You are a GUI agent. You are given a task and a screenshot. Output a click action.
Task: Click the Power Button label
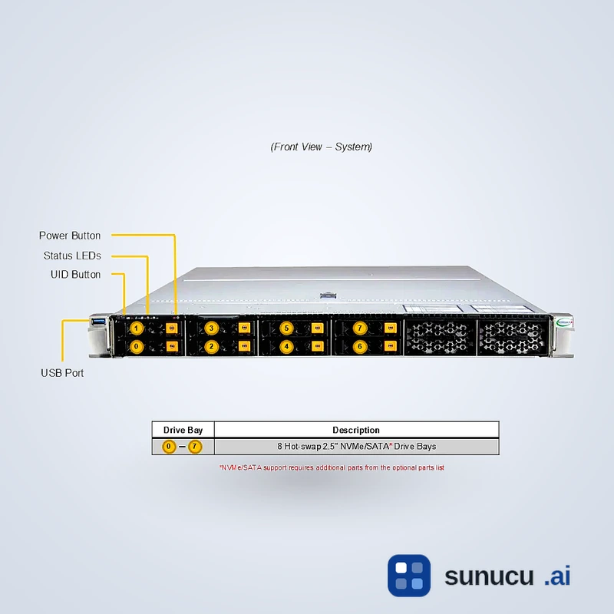click(70, 236)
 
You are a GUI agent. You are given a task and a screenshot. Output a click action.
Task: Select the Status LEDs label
click(72, 256)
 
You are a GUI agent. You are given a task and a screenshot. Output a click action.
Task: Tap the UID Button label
click(75, 274)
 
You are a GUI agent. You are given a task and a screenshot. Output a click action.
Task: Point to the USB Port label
click(62, 373)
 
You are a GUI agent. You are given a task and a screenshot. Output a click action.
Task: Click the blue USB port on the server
click(97, 321)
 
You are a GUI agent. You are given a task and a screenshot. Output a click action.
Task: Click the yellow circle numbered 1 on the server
click(137, 328)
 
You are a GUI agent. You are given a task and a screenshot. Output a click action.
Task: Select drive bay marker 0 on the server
click(137, 346)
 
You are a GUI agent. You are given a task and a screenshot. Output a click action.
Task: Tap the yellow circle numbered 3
click(212, 328)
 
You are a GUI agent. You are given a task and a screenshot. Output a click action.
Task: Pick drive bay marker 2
click(212, 346)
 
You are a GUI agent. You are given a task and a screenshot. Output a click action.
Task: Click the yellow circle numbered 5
click(286, 328)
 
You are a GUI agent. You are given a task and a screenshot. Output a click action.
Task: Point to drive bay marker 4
click(286, 346)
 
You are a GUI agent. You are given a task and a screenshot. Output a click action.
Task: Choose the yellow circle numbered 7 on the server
click(360, 328)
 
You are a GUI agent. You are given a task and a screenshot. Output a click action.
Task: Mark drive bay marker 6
click(360, 346)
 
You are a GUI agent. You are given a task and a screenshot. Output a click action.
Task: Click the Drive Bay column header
click(183, 430)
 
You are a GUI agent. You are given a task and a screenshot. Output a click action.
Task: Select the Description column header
click(356, 430)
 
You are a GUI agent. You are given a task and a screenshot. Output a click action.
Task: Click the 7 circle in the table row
click(195, 447)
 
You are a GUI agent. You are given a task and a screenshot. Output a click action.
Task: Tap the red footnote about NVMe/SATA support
click(332, 467)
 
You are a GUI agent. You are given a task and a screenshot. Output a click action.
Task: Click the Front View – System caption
click(322, 147)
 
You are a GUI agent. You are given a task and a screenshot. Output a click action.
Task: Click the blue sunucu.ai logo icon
click(409, 576)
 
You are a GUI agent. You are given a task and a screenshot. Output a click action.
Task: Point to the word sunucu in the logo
click(488, 576)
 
